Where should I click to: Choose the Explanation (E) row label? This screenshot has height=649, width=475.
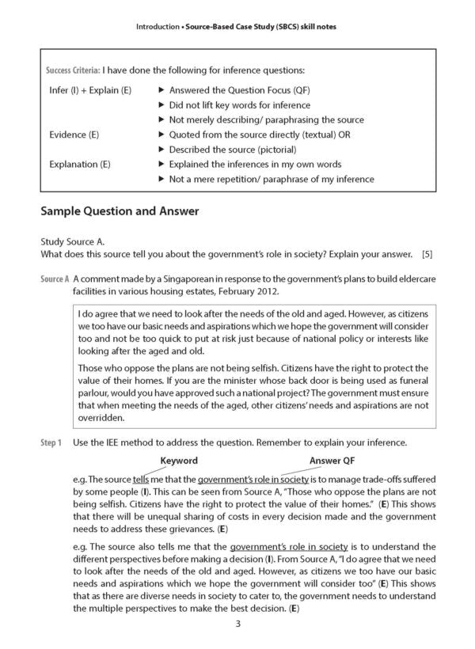coord(80,164)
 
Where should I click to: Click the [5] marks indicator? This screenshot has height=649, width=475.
coord(427,254)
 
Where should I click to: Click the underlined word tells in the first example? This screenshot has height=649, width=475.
coord(140,480)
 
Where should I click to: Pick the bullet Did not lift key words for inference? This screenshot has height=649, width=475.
coord(239,105)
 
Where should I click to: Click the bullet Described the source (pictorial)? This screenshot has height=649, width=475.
coord(233,150)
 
